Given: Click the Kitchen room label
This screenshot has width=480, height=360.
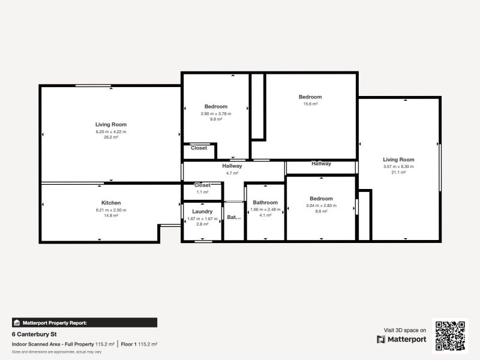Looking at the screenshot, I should pyautogui.click(x=111, y=203).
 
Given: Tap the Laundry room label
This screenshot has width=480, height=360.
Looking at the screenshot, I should pyautogui.click(x=202, y=211).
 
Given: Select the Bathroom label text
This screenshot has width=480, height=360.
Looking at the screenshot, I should pyautogui.click(x=265, y=203).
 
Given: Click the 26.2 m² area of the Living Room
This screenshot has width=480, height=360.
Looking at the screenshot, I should pyautogui.click(x=111, y=137).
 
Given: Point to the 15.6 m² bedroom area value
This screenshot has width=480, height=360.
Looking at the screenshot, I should pyautogui.click(x=310, y=104).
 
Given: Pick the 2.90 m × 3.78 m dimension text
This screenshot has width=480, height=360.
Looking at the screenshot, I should pyautogui.click(x=216, y=113).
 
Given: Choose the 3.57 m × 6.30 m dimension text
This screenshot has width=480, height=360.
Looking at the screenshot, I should pyautogui.click(x=399, y=166).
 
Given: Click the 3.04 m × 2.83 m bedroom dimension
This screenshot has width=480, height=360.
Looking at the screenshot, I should pyautogui.click(x=321, y=205).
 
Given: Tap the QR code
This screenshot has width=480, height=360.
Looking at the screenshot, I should pyautogui.click(x=451, y=336).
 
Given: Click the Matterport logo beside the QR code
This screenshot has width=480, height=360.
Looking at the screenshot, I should pyautogui.click(x=402, y=340).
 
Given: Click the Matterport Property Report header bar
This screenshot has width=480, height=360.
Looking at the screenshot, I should pyautogui.click(x=85, y=323).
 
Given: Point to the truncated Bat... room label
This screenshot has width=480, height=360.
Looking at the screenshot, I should pyautogui.click(x=233, y=217).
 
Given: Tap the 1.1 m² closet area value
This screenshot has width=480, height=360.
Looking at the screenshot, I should pyautogui.click(x=202, y=192).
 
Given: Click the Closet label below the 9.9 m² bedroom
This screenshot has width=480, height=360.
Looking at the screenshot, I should pyautogui.click(x=199, y=148).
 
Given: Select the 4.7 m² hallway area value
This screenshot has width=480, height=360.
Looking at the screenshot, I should pyautogui.click(x=232, y=173).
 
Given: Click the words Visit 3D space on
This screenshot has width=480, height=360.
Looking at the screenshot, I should pyautogui.click(x=405, y=330).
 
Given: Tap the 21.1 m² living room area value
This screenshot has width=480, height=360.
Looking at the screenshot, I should pyautogui.click(x=399, y=172).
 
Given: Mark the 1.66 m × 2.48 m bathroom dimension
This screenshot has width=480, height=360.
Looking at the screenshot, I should pyautogui.click(x=265, y=209).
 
